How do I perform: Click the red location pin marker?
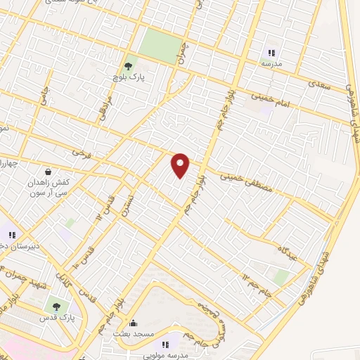tap(181, 165)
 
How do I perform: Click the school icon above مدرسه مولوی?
tap(167, 345)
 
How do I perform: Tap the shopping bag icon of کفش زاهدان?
tap(47, 171)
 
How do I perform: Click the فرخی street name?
tap(77, 152)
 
